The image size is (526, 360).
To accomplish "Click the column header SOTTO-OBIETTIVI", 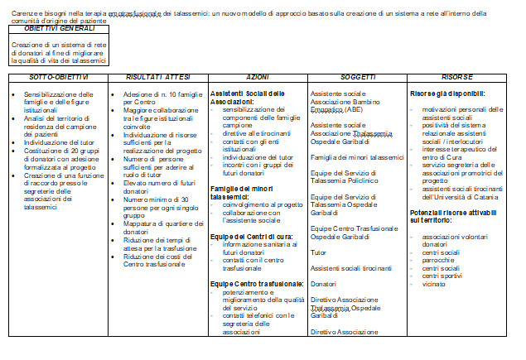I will [58, 76].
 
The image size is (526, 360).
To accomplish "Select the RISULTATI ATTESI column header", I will [157, 76].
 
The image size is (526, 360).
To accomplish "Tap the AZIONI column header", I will [257, 76].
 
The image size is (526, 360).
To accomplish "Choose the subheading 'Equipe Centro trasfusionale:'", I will [254, 284].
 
